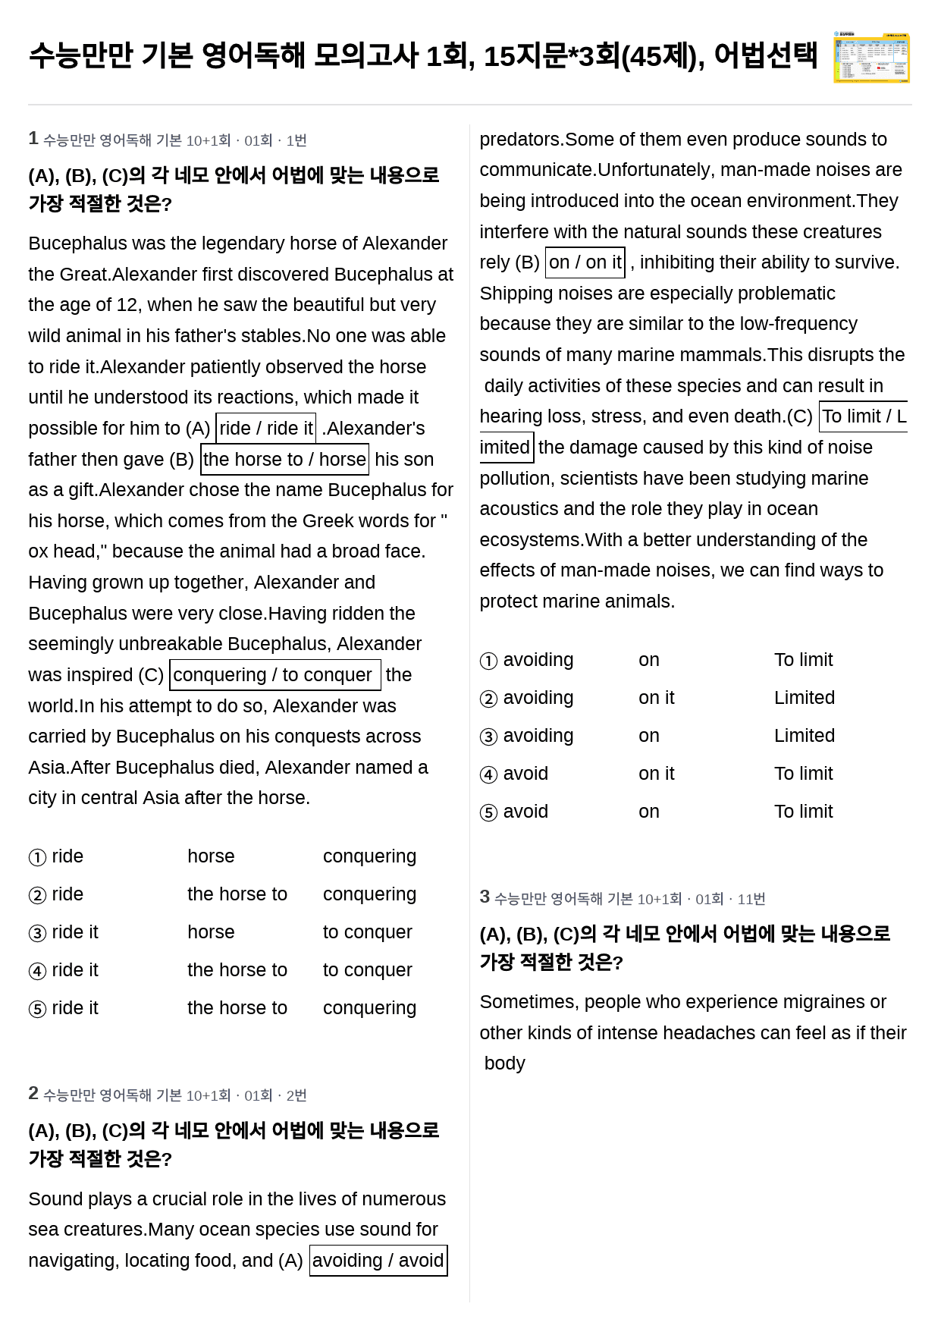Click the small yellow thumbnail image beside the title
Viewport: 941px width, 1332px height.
click(871, 57)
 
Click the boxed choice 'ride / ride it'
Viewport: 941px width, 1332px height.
click(266, 429)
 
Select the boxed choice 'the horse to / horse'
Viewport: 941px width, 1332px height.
click(284, 460)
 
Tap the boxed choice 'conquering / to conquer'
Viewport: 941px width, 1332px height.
click(274, 675)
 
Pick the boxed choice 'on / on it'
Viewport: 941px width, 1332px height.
click(585, 262)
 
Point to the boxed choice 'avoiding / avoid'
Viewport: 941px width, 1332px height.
click(378, 1261)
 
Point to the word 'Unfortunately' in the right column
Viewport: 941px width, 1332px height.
click(656, 170)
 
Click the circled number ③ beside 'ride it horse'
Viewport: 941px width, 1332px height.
click(37, 933)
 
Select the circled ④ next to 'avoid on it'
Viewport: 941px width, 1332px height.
click(488, 774)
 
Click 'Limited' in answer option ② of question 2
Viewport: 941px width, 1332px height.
click(804, 698)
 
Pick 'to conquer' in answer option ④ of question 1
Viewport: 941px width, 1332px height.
click(367, 970)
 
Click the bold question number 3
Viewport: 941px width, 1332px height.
click(485, 897)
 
